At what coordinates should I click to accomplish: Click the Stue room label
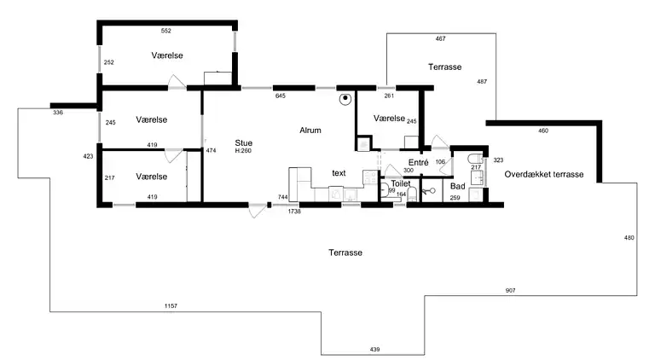(244, 142)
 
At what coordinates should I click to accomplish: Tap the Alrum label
(310, 131)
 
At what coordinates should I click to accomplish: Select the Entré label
(419, 162)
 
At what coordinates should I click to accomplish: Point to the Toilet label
(401, 183)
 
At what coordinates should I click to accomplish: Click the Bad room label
(458, 186)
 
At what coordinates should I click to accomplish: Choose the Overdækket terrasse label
(544, 174)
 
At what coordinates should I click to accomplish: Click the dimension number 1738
(294, 212)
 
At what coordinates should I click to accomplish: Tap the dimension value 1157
(171, 305)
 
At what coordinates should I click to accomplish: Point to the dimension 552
(166, 31)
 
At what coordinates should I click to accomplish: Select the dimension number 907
(511, 290)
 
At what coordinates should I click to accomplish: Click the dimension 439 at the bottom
(374, 349)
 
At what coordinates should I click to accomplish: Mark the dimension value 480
(629, 238)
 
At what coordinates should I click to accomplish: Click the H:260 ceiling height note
(243, 151)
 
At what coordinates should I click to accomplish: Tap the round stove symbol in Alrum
(345, 99)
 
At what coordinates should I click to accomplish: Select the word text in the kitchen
(339, 173)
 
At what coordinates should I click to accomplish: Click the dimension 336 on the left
(58, 113)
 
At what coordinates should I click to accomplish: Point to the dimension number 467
(440, 38)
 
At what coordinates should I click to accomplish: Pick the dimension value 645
(281, 96)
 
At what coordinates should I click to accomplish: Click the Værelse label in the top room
(167, 55)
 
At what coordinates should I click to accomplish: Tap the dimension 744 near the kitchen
(283, 197)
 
